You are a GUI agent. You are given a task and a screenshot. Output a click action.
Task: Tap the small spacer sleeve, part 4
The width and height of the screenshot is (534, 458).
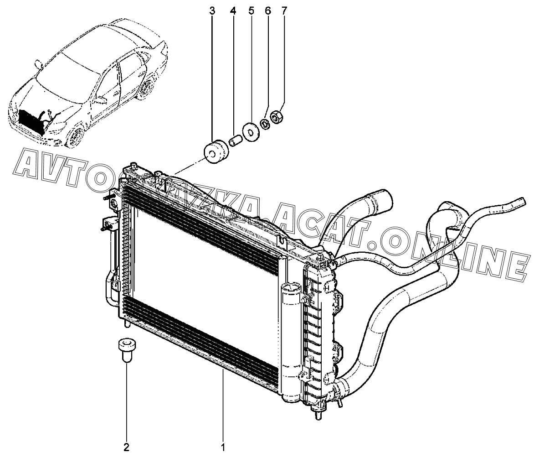click(x=235, y=139)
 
